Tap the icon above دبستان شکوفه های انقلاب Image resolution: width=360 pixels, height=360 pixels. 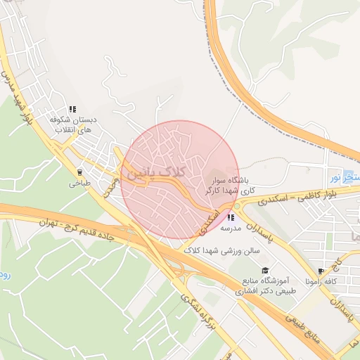point(73,109)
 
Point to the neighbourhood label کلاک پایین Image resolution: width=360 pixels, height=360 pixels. point(153,172)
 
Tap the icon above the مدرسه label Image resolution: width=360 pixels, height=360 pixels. point(231,217)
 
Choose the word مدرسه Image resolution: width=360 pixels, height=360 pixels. point(231,229)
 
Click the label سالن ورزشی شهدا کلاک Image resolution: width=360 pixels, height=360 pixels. point(222,250)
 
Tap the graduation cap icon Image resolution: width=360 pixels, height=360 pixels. point(265,271)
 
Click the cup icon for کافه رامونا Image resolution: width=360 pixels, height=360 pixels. point(321,271)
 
